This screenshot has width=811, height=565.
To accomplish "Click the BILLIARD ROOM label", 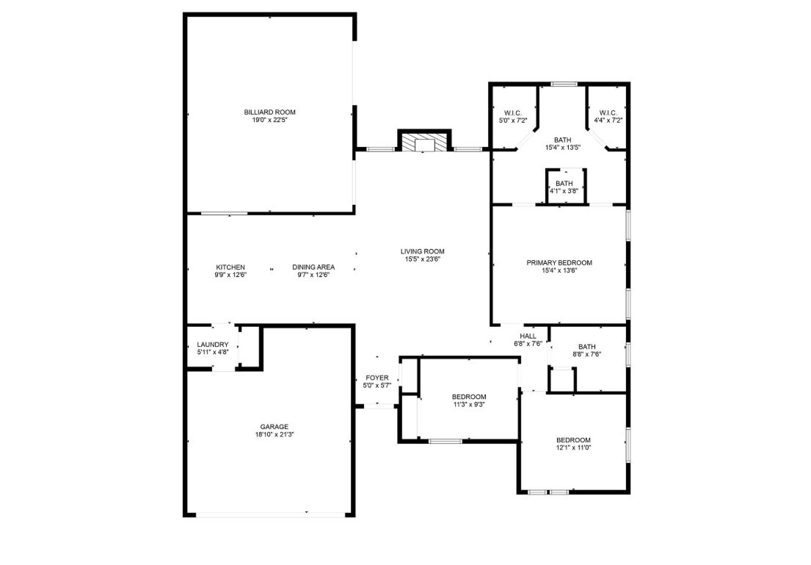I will pos(269,112).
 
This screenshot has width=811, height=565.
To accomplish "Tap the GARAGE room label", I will pos(274,426).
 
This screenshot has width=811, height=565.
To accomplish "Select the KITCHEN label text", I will pos(230,267).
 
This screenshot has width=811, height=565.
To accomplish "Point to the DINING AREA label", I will pos(313,267).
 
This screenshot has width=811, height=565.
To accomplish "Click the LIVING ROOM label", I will pos(422,251).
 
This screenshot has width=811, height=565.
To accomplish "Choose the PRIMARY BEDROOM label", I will pos(559,262).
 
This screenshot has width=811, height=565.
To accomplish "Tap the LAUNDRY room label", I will pos(213,345).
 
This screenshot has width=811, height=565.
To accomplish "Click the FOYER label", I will pos(377,378).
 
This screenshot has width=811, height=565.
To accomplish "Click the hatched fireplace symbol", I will pos(424,143).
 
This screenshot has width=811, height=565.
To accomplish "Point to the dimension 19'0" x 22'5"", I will pos(269,120).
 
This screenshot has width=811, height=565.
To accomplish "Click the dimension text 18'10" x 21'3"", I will pos(274,434).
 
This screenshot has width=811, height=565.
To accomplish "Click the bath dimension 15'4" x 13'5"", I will pos(563,148).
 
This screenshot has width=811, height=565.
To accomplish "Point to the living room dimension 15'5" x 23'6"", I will pos(422,259).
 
